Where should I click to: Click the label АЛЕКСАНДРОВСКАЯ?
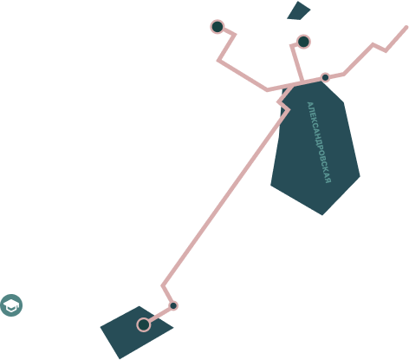pyautogui.click(x=319, y=142)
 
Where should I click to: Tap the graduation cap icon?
pyautogui.click(x=11, y=305)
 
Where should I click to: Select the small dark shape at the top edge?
pyautogui.click(x=298, y=11)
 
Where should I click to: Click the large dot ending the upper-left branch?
pyautogui.click(x=217, y=27)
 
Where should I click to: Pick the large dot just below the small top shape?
pyautogui.click(x=303, y=42)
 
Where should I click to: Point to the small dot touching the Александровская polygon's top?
pyautogui.click(x=325, y=77)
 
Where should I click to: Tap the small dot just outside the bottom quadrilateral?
pyautogui.click(x=173, y=305)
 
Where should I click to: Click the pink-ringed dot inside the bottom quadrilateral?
pyautogui.click(x=144, y=324)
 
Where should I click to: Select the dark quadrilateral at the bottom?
pyautogui.click(x=136, y=332)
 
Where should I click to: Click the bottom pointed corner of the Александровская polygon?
pyautogui.click(x=322, y=215)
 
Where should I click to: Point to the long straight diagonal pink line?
pyautogui.click(x=225, y=198)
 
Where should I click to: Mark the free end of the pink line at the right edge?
pyautogui.click(x=406, y=28)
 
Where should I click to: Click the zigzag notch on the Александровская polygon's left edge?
pyautogui.click(x=283, y=105)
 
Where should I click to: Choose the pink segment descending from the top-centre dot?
pyautogui.click(x=296, y=62)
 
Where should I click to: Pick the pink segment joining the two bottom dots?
pyautogui.click(x=159, y=315)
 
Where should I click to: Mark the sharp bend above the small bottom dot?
pyautogui.click(x=163, y=285)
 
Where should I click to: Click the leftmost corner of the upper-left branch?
pyautogui.click(x=217, y=60)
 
